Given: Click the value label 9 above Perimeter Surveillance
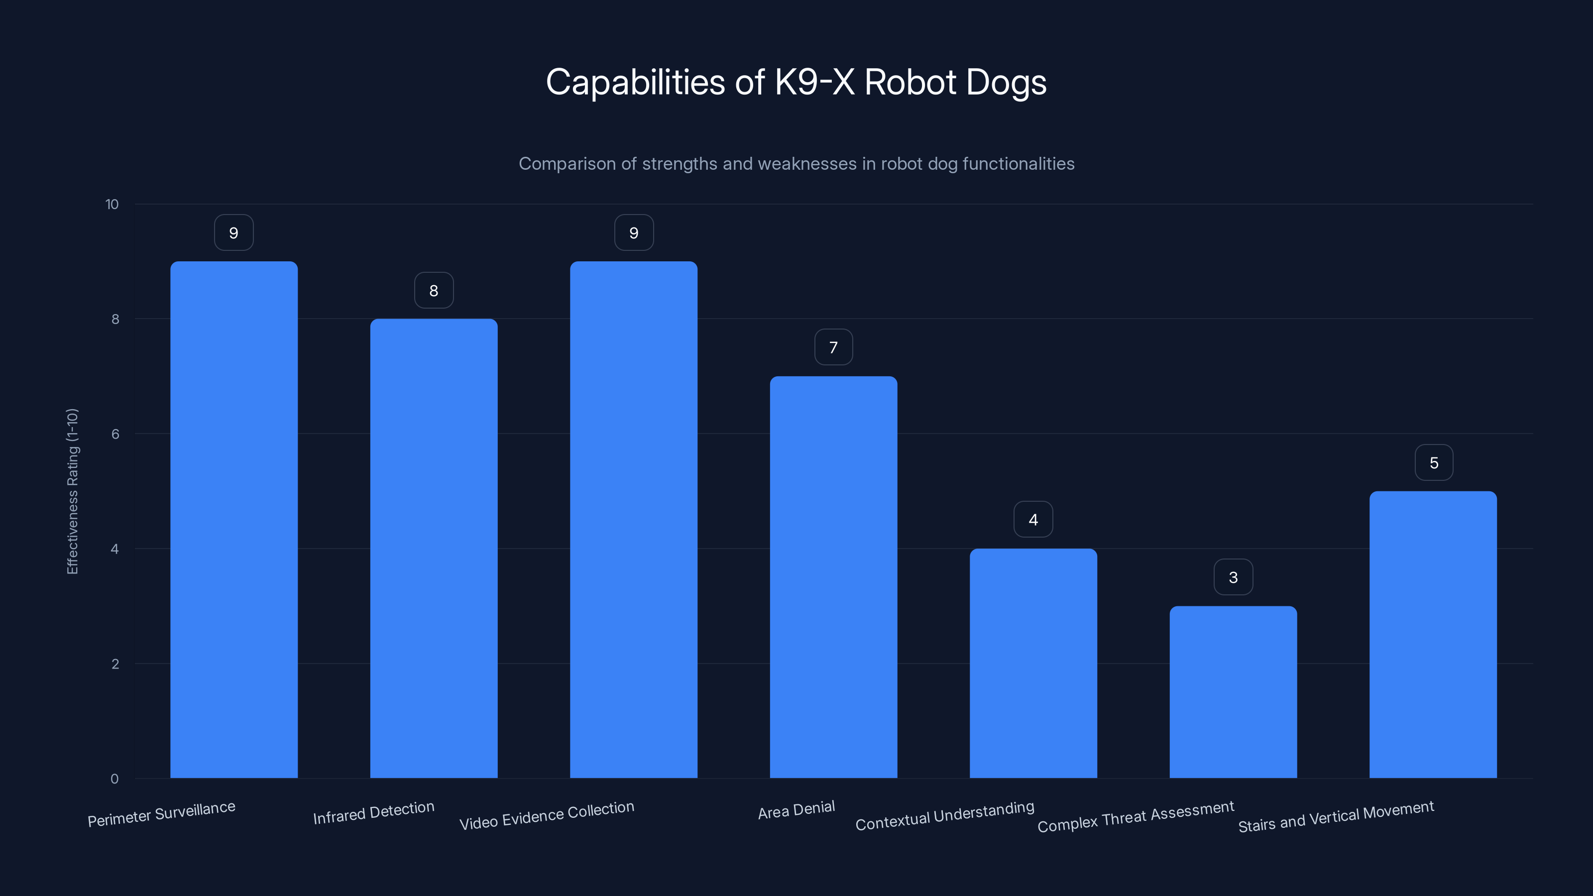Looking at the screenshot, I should (x=234, y=232).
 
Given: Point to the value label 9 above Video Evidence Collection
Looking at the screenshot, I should (x=634, y=232).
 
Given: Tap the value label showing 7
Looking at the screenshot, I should (x=833, y=347).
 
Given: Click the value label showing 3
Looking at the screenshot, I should (x=1233, y=577).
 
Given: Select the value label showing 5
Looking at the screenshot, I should (x=1434, y=462).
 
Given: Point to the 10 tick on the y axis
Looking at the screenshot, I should (x=112, y=204).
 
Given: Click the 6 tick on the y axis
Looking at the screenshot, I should (x=115, y=434).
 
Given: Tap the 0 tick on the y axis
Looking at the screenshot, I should (x=114, y=779).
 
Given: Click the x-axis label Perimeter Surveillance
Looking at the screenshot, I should (x=161, y=814).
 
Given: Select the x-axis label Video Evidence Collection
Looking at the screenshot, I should (x=547, y=815).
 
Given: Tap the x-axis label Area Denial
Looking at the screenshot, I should (x=796, y=810).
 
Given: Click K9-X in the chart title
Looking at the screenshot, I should (x=814, y=82).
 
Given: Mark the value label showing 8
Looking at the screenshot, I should (x=434, y=290).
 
